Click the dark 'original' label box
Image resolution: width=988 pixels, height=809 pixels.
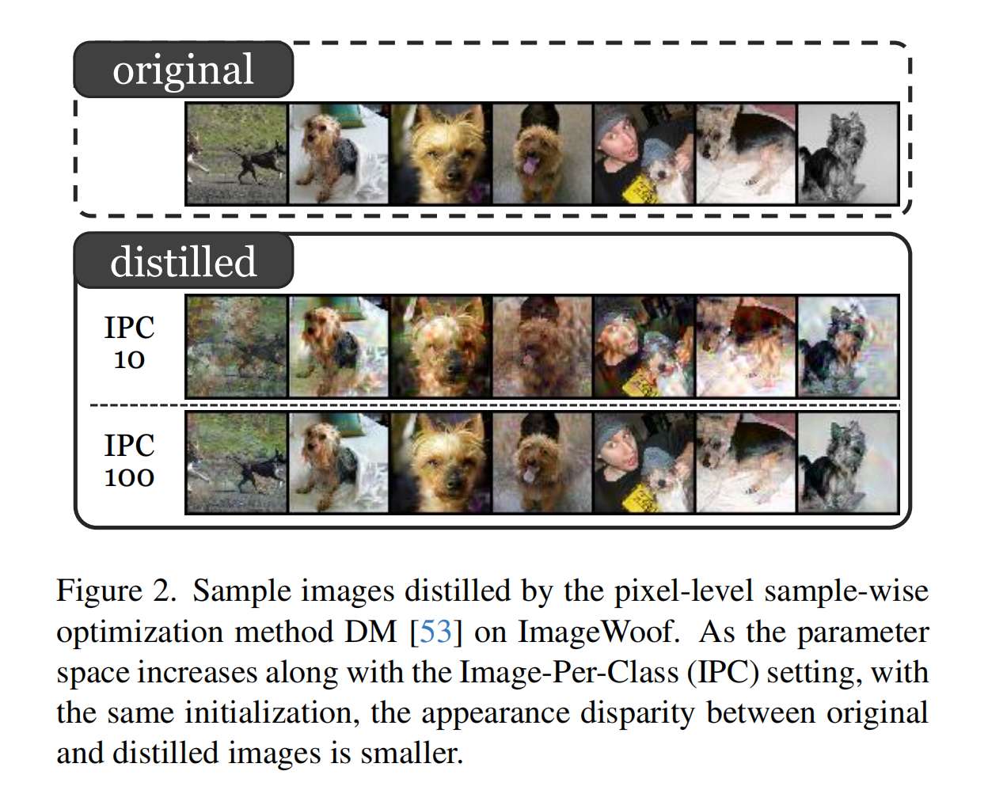183,70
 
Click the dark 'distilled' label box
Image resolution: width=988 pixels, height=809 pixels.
183,261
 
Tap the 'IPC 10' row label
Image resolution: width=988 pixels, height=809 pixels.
129,344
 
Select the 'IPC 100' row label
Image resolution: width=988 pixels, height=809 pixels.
129,461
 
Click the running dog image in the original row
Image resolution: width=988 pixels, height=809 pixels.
237,154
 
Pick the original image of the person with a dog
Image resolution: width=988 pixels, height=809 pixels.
644,154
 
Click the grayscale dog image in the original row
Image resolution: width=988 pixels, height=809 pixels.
847,154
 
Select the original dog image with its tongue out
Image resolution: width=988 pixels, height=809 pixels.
541,154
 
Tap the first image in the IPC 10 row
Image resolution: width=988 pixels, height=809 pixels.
237,346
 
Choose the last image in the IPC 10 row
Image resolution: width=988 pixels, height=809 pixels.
847,346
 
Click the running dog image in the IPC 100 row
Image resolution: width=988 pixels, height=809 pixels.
237,462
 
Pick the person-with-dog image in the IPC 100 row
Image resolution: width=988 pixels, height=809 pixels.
644,462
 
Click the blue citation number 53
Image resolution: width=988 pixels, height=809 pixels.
435,632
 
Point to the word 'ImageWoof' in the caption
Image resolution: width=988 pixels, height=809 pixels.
598,632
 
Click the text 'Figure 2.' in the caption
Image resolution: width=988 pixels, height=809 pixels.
116,591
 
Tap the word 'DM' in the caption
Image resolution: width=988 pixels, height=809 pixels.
370,632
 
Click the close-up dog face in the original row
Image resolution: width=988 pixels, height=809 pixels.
440,154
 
